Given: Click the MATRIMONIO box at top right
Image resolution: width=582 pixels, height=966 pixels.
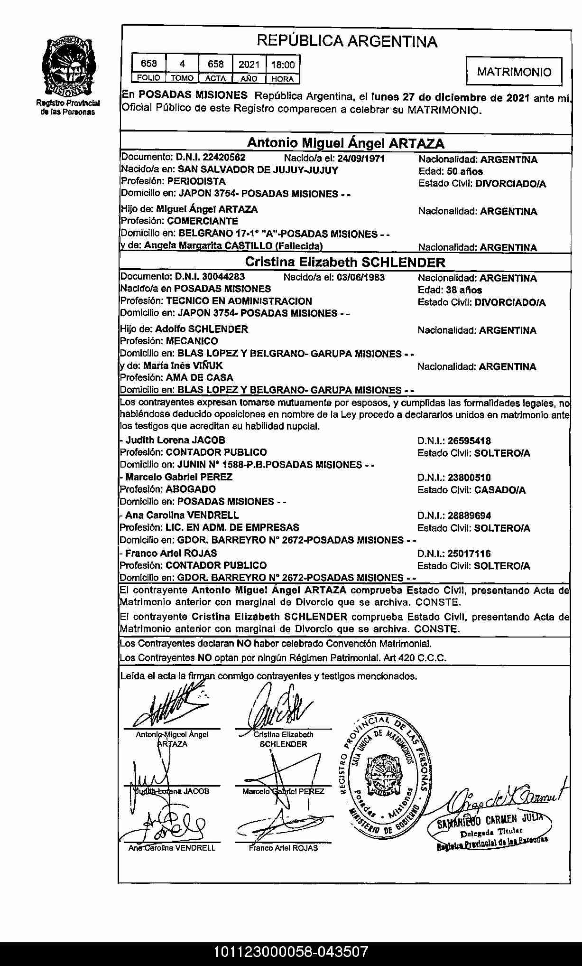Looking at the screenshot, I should coord(514,72).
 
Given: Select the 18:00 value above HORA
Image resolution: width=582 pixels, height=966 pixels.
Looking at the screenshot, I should coord(283,65).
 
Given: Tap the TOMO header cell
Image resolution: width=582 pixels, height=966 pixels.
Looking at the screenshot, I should coord(182,78).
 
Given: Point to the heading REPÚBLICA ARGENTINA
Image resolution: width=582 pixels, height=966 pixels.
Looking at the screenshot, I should coord(347,42).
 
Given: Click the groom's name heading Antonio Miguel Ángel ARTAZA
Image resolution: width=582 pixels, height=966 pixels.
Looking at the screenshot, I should coord(346,143).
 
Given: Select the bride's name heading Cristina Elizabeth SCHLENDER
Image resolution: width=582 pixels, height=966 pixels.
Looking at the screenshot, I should coord(345,262).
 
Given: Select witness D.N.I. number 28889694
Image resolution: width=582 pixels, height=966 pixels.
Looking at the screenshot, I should coord(470,516).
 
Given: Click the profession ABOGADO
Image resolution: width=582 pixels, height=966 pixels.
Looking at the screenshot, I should coord(191,489).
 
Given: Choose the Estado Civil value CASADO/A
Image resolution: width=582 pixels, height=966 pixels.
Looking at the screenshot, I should coord(500,490).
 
